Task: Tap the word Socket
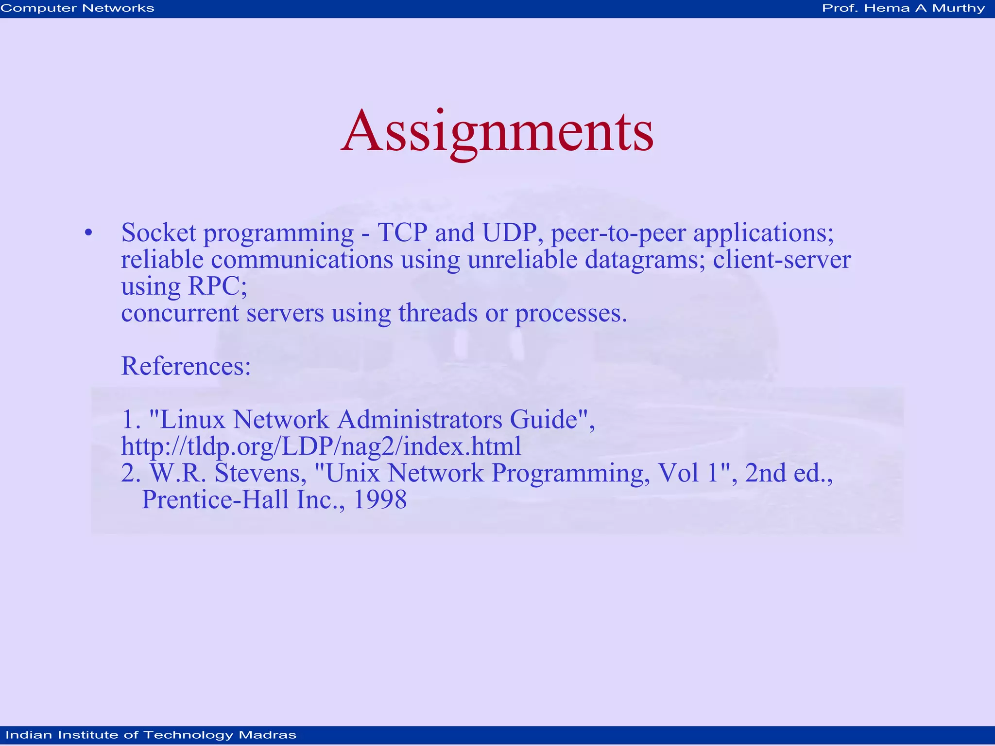158,233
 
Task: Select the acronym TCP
402,233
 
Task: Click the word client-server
782,260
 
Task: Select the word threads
438,313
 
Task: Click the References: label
186,366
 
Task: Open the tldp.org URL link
321,446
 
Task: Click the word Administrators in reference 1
419,419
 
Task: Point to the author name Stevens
260,473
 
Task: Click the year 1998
379,499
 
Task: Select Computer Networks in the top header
77,8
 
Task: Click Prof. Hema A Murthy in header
903,8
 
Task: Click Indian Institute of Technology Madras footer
151,735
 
